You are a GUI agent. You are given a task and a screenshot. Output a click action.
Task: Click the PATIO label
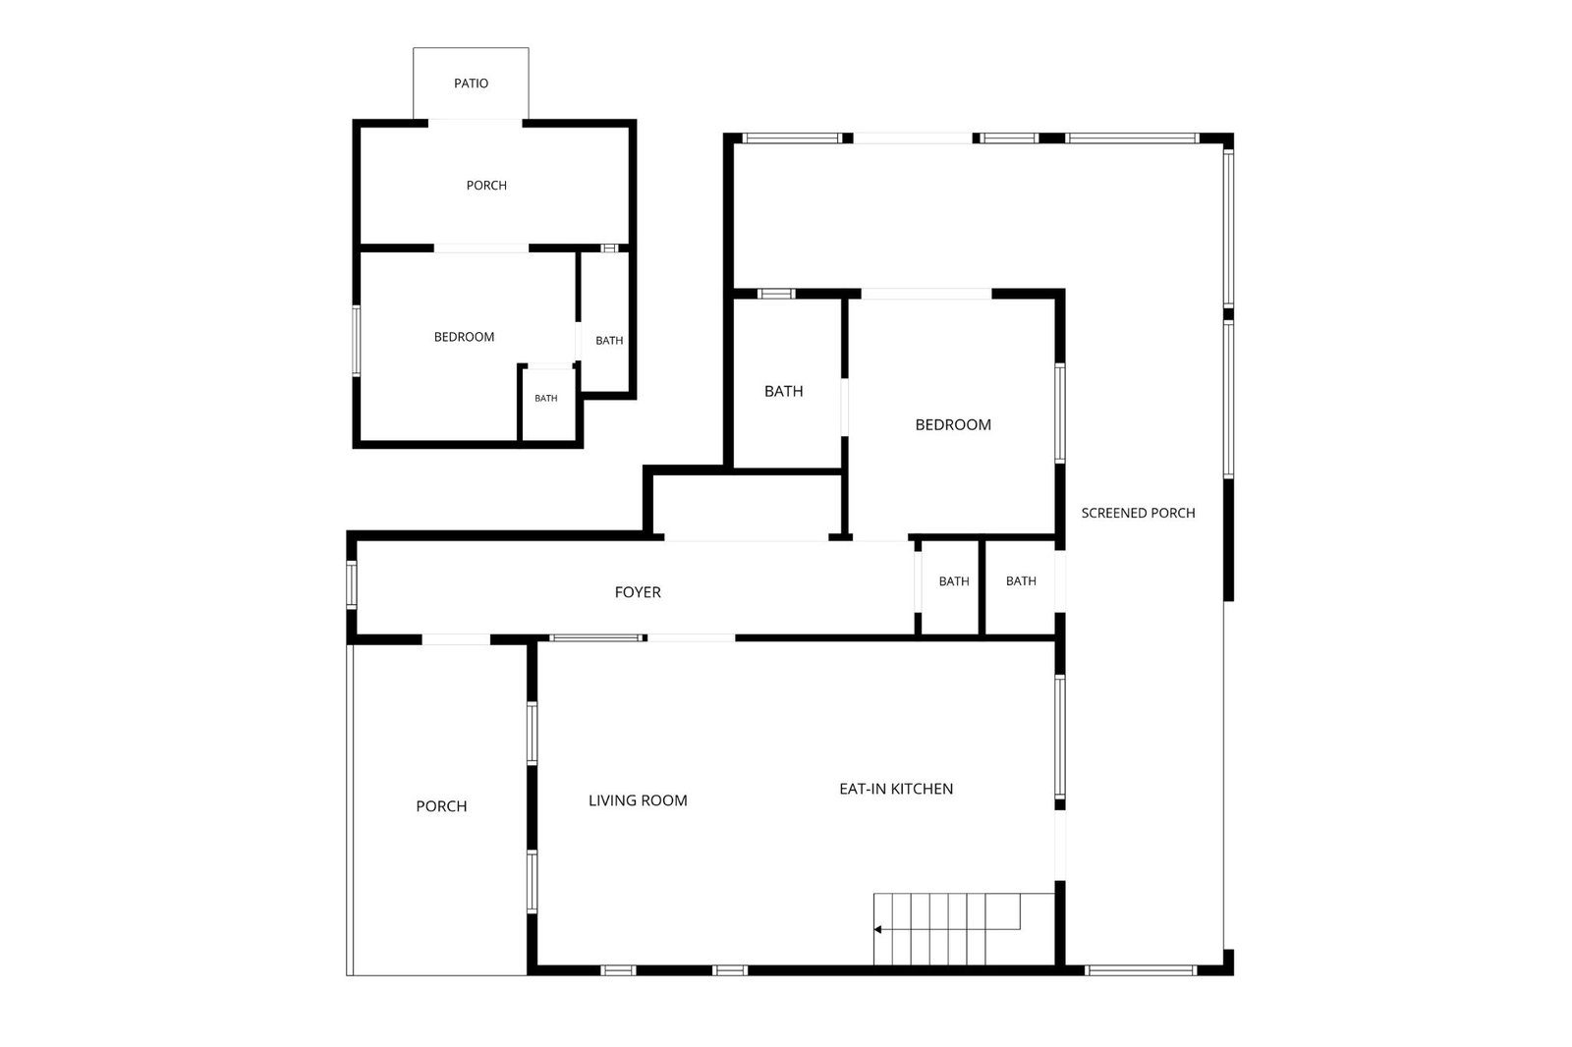coord(471,83)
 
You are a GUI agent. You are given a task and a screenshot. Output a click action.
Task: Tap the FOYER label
coord(638,592)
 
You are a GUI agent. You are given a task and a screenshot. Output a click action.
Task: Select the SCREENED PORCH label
coord(1138,513)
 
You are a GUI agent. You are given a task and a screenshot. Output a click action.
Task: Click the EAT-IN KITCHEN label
coord(896,789)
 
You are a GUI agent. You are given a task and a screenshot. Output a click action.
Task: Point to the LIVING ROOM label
coord(638,800)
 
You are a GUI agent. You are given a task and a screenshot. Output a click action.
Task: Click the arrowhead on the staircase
coord(877,930)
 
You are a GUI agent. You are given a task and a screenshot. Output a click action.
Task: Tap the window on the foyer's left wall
coord(352,583)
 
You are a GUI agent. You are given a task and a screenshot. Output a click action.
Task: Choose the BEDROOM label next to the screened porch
coord(953,424)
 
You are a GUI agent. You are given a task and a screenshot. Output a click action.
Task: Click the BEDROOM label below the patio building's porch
coord(464,337)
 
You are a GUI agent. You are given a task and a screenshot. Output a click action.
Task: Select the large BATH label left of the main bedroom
coord(783,392)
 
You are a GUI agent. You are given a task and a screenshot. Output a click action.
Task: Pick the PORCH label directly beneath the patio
coord(486,186)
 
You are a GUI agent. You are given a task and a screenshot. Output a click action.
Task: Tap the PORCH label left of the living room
coord(441,806)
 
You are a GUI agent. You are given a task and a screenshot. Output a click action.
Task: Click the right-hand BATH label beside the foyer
coord(1021,581)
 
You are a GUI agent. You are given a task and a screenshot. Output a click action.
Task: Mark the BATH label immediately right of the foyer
coord(954,581)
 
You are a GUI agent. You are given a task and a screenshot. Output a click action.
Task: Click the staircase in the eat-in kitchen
coord(964,929)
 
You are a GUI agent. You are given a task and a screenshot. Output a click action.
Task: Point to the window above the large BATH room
coord(775,294)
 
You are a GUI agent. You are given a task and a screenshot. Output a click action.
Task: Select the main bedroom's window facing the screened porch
coord(1060,413)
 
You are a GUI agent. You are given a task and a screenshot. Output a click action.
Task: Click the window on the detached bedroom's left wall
coord(357,341)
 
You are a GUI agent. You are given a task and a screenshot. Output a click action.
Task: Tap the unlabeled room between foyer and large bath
coord(747,505)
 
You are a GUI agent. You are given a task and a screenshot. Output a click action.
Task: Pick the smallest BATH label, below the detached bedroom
coord(546,399)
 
